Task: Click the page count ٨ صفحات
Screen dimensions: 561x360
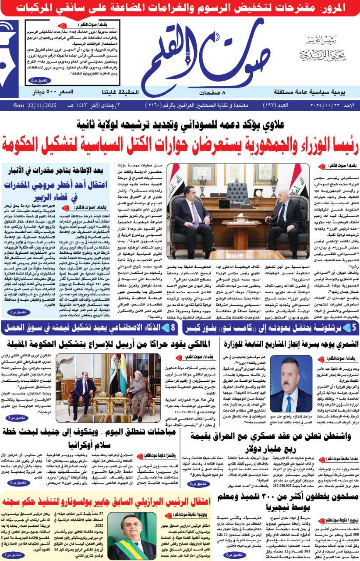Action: [x=202, y=93]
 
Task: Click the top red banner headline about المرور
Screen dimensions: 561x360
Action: [x=180, y=7]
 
